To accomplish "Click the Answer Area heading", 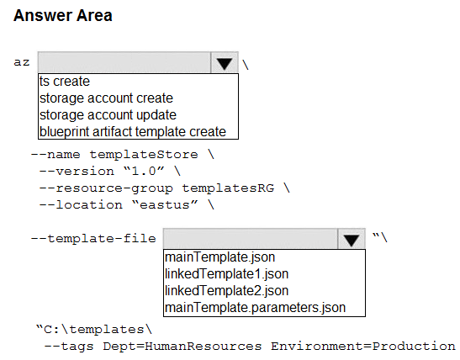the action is [63, 15].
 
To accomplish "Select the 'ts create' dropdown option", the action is [65, 82].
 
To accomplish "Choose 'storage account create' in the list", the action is [106, 98].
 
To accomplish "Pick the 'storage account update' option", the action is [108, 114].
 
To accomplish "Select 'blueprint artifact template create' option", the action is [133, 131].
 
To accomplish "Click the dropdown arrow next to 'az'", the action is [225, 63].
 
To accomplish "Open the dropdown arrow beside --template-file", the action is [352, 239].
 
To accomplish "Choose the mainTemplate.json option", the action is [220, 257].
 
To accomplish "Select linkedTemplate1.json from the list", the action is [227, 274].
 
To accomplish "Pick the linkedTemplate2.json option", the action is [227, 291].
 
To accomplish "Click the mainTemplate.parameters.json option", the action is [256, 308].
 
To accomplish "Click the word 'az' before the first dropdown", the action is [22, 62].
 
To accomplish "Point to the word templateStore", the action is [144, 154].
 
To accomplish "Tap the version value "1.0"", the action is [144, 171].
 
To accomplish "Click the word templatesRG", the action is [228, 188].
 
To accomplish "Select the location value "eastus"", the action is [165, 204].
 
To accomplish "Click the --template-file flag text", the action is [93, 238].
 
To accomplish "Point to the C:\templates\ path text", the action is [94, 330].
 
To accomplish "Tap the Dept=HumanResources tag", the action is [182, 347].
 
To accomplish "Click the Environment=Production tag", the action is [362, 347].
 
